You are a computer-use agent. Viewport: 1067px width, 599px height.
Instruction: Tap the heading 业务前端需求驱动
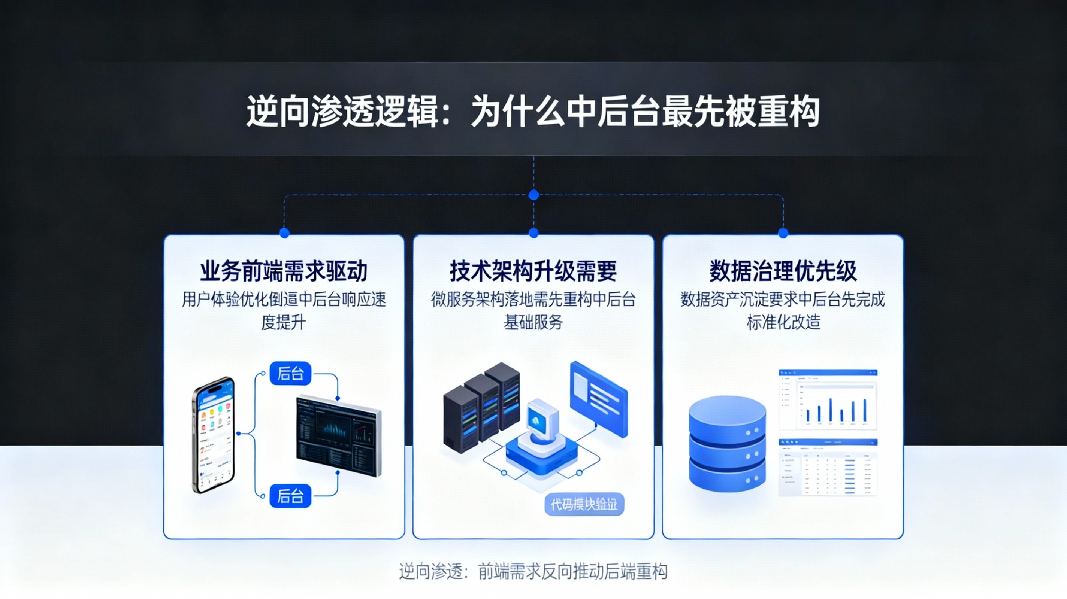tap(284, 271)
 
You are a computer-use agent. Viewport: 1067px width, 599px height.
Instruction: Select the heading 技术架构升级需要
tap(533, 271)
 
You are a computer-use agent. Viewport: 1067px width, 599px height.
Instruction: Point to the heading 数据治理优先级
tap(783, 271)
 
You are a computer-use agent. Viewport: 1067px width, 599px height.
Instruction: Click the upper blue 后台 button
tap(290, 373)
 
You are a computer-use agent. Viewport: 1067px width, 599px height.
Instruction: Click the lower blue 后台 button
tap(290, 496)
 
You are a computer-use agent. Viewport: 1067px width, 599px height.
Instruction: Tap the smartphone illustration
tap(214, 435)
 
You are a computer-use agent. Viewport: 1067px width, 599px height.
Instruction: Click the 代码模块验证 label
tap(584, 504)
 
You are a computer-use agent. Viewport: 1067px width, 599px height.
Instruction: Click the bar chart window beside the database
tap(828, 399)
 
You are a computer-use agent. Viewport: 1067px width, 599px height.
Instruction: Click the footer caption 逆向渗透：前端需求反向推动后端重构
tap(533, 572)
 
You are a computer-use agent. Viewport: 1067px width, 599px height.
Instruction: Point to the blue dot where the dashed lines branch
tap(533, 195)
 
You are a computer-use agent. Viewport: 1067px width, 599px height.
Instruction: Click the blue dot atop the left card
tap(284, 233)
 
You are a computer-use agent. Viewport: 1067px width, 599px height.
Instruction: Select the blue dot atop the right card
tap(783, 233)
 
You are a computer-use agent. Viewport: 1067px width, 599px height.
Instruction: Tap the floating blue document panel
tap(599, 398)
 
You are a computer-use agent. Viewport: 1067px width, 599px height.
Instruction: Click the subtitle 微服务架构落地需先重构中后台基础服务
tap(533, 310)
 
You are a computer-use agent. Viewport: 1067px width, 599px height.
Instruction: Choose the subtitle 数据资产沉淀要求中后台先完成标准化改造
tap(783, 310)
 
